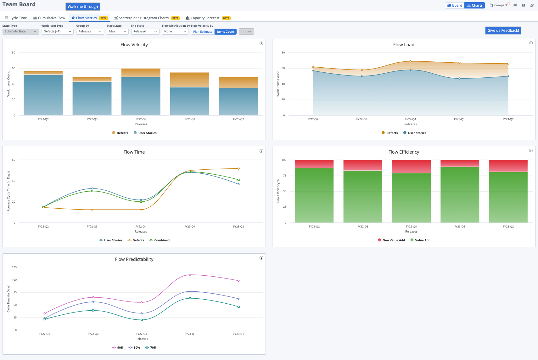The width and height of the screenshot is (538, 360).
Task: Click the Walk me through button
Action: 83,7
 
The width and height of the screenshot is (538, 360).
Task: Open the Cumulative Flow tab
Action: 49,18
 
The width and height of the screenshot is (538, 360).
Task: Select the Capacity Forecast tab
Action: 205,18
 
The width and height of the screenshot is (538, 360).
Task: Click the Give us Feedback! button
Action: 503,31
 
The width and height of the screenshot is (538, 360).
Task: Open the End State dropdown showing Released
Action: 145,31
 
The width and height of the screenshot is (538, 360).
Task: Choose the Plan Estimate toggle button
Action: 203,31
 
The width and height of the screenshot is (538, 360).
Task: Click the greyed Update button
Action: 246,31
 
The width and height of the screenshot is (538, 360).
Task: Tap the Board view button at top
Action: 455,5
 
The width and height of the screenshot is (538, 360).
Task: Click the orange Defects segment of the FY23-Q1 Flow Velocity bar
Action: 190,80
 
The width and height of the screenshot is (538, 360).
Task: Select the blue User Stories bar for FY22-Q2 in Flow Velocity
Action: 43,94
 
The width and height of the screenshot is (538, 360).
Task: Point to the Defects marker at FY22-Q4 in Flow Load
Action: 411,61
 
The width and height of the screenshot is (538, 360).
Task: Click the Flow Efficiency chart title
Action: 404,152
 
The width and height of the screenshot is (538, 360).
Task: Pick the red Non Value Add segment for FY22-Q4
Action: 411,166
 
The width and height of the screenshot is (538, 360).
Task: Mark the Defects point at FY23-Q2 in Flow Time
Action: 238,169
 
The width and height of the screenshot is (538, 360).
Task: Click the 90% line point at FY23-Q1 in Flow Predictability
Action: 190,275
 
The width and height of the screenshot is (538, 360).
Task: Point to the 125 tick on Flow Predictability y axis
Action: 14,267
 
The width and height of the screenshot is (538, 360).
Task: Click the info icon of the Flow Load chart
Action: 531,43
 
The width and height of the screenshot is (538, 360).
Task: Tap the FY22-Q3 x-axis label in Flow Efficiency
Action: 363,227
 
